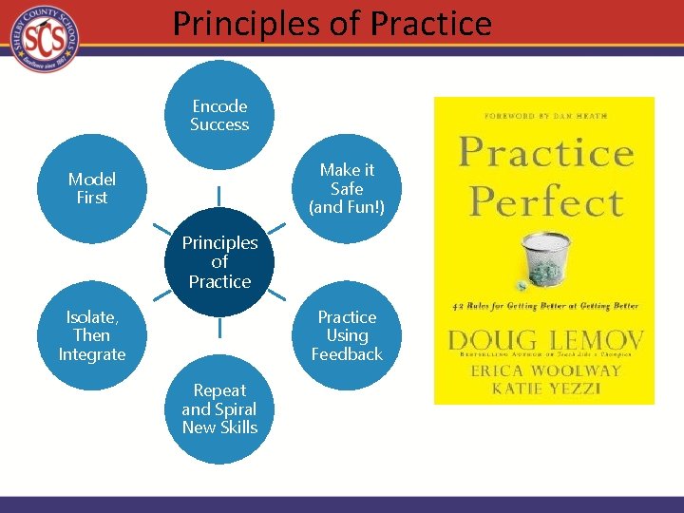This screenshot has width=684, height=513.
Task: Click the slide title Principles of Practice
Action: [332, 23]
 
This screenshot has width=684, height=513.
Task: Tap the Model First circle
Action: [92, 188]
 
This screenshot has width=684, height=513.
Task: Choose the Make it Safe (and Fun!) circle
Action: [347, 188]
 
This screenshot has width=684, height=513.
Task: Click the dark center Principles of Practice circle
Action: [219, 261]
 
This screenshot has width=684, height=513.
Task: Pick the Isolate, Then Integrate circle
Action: [92, 335]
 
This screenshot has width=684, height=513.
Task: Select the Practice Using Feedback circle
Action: [347, 335]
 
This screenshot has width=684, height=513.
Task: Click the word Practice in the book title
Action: [545, 152]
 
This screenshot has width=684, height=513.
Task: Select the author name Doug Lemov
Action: [544, 340]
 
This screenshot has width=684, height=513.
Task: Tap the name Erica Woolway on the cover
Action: [543, 370]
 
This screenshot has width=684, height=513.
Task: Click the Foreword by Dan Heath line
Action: [544, 115]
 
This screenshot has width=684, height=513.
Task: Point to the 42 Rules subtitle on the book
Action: [544, 306]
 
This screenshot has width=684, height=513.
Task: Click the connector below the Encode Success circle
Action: [219, 194]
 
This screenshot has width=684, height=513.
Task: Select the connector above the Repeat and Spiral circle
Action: [219, 329]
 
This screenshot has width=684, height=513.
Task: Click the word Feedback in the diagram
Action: [347, 354]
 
